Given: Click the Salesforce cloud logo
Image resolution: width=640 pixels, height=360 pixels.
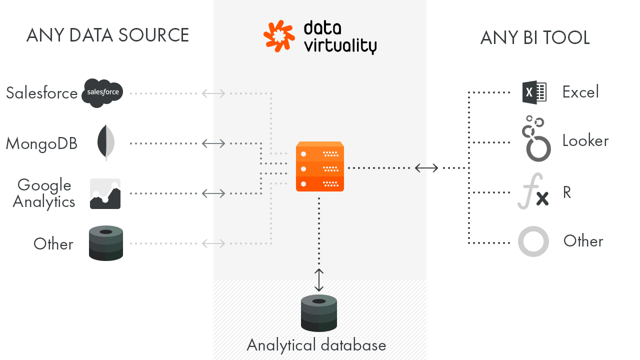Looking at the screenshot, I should [x=102, y=92].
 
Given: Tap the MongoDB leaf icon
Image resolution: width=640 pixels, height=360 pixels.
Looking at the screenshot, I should [x=106, y=143].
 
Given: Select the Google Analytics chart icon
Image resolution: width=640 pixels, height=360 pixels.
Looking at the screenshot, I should [x=105, y=193].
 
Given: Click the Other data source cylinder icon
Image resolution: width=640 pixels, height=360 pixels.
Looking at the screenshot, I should [x=106, y=243].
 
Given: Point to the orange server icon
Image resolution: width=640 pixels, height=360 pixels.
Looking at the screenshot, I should [x=320, y=166].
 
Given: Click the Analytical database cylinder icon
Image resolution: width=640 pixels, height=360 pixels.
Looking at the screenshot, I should [x=319, y=313].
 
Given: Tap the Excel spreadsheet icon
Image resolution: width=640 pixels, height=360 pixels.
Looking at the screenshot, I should [x=534, y=92].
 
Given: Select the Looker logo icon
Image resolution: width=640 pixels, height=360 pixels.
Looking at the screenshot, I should [x=535, y=139].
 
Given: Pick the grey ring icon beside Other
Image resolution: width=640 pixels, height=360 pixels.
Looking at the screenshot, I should [x=533, y=241].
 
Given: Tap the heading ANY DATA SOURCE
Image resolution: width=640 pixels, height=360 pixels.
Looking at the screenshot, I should [x=107, y=36].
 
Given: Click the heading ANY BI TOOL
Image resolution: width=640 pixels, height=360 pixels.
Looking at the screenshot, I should [x=535, y=38].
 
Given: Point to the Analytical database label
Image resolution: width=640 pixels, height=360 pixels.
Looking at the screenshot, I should [x=316, y=345].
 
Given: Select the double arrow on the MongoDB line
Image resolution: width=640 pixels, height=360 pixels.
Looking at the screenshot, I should [x=213, y=143].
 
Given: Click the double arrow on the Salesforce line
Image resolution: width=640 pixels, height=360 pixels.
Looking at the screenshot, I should [x=213, y=93].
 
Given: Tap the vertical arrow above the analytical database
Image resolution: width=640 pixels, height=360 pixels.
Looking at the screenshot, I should [x=319, y=280].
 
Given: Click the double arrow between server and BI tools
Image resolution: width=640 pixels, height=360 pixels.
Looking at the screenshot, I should [x=426, y=168].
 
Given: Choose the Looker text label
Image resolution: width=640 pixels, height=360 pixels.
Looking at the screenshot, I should [x=585, y=140].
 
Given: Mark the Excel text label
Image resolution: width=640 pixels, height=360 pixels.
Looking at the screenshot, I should [x=580, y=92].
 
